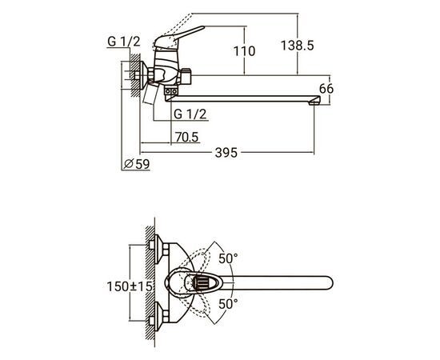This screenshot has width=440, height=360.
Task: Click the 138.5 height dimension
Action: click(x=297, y=46)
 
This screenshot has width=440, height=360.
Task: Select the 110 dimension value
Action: click(x=245, y=51)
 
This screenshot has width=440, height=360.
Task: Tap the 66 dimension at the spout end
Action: click(x=326, y=89)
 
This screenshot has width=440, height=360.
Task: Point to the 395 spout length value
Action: click(x=226, y=153)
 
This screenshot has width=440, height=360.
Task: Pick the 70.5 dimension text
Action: click(x=187, y=138)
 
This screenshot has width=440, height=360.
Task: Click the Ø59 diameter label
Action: click(x=137, y=164)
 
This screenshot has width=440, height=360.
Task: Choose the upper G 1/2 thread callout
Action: click(x=124, y=42)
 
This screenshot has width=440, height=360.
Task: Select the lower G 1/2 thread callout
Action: click(x=190, y=114)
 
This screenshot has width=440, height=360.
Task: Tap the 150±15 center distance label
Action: click(x=130, y=286)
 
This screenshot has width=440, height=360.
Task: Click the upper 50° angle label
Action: click(x=228, y=258)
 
